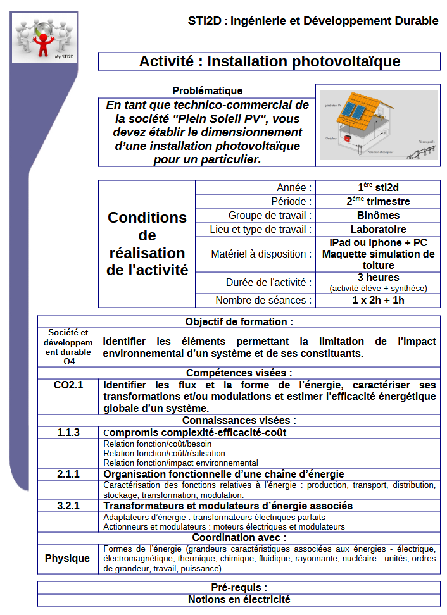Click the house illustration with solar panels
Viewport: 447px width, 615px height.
379,124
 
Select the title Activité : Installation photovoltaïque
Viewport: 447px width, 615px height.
269,61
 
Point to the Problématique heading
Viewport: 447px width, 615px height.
207,91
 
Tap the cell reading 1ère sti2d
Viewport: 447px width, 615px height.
378,187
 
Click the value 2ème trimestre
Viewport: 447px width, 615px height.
378,201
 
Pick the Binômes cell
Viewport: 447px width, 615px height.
378,215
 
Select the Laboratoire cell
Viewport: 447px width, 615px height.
378,229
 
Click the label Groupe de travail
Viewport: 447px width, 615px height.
270,215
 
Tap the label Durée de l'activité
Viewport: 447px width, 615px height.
268,282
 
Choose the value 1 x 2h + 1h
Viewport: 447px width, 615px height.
378,300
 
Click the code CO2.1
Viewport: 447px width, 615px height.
68,385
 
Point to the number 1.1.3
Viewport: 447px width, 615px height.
68,433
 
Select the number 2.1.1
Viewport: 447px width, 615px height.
68,474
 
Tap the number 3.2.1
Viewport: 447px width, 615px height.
68,506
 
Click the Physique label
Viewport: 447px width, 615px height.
67,559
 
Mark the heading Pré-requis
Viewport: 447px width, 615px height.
239,587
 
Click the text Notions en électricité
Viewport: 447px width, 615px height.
239,599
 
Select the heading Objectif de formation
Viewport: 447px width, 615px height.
239,321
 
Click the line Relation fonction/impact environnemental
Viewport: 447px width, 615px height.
180,463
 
